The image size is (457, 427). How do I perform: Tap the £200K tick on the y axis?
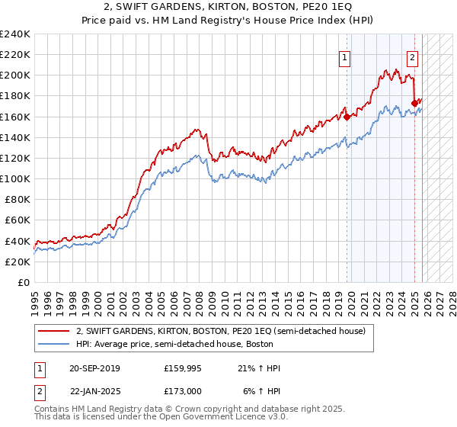coord(15,75)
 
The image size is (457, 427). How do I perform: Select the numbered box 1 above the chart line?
coord(345,56)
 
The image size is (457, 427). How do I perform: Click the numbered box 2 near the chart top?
coord(412,56)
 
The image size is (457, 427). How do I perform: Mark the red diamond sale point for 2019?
coord(347,117)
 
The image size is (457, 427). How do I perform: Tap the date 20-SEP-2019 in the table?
coord(94,368)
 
